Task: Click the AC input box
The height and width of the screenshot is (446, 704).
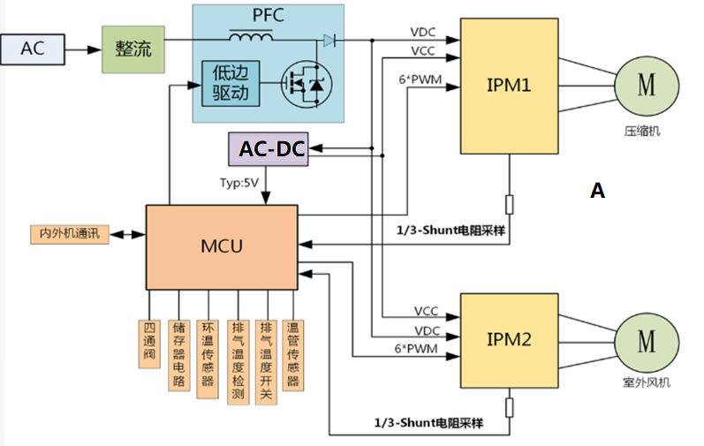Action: (x=32, y=49)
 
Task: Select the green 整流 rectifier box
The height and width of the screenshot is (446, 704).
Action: (x=132, y=49)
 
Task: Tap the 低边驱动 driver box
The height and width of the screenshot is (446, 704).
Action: (x=231, y=83)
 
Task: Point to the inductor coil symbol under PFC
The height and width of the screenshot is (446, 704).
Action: (x=251, y=37)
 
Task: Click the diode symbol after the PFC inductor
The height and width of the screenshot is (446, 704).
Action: (x=329, y=40)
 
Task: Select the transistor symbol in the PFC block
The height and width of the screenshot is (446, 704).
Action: (x=299, y=84)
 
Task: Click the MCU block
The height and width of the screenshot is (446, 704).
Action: (x=222, y=246)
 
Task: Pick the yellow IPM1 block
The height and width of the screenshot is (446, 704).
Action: (x=508, y=87)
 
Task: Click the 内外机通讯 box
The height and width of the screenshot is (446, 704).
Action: (x=69, y=234)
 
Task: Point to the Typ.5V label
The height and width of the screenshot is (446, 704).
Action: (x=239, y=182)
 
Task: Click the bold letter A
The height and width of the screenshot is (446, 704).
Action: (x=598, y=190)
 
